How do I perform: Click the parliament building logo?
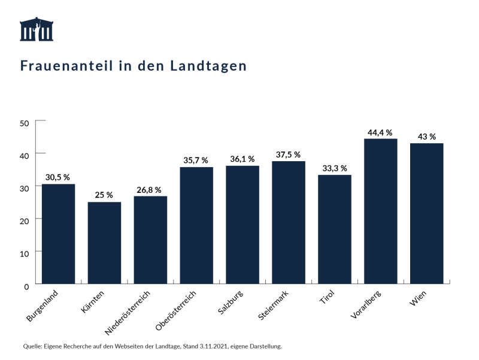pos(37,30)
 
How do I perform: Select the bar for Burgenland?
pos(58,234)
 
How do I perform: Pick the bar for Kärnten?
pos(104,243)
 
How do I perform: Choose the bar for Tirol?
pos(334,229)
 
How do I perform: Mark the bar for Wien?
pos(426,213)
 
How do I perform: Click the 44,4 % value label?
pos(380,132)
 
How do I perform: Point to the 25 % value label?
pos(104,195)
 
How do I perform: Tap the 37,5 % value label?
pos(288,155)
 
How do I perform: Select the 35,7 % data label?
pos(196,161)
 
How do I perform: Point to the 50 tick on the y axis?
pos(25,123)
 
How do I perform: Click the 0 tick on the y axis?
pos(27,286)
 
